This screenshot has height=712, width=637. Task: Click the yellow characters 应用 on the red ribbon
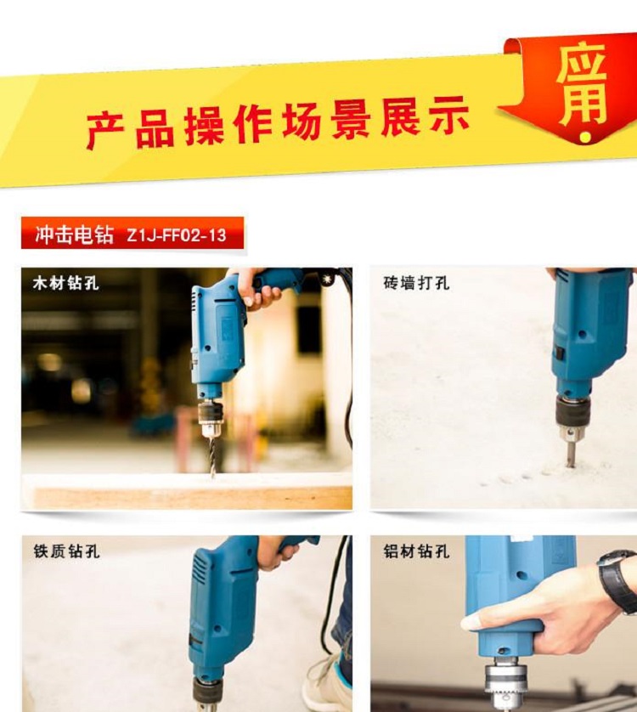(x=582, y=84)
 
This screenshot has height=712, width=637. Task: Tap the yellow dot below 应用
(x=586, y=137)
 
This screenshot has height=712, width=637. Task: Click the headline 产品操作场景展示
(x=277, y=121)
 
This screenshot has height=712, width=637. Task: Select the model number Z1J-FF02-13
(x=176, y=235)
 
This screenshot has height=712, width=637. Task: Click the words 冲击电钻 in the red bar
(x=74, y=235)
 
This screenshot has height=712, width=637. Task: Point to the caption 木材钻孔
(x=66, y=283)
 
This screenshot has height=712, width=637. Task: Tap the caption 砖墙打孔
(x=416, y=283)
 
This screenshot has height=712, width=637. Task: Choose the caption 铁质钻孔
(x=66, y=551)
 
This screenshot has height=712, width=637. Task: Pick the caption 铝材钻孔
(x=416, y=551)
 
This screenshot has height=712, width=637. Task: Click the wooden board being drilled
(x=193, y=493)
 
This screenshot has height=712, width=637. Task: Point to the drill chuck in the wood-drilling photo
(x=210, y=417)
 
